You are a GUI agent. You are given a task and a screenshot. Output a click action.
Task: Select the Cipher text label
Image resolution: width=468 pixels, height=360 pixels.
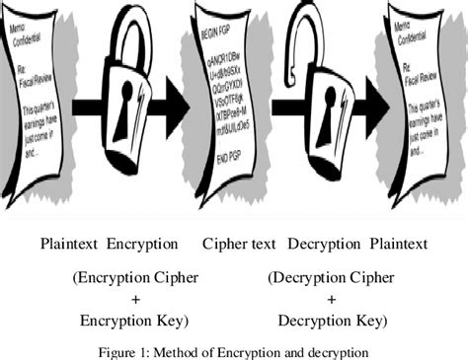click(x=239, y=243)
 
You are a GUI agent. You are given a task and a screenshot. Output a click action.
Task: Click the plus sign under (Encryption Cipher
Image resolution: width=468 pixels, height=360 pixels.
click(x=134, y=299)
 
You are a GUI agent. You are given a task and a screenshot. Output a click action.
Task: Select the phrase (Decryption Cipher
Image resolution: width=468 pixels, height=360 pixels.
click(x=331, y=278)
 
